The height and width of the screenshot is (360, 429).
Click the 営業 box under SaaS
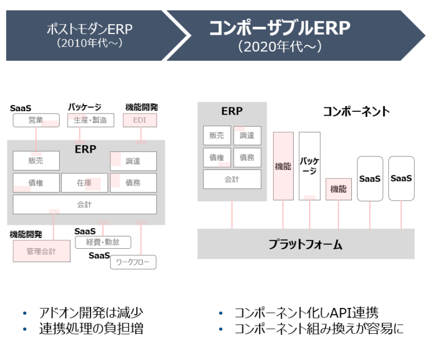coord(36,120)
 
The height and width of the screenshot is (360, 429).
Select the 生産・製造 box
coord(90,120)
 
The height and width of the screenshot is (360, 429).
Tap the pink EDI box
coord(140,120)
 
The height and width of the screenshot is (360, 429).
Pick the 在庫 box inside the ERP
coord(84,183)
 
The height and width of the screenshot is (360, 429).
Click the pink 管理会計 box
coord(41,251)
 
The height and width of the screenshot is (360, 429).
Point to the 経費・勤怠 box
coord(103,242)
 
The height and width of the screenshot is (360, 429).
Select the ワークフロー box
coord(133,262)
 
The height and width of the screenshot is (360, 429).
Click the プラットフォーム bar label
coord(305,244)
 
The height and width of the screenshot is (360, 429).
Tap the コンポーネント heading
coord(356,111)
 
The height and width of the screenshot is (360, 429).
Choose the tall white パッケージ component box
coord(309,166)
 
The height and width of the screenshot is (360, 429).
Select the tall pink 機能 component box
coord(283,166)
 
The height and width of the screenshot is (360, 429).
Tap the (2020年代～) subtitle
coord(279,47)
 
